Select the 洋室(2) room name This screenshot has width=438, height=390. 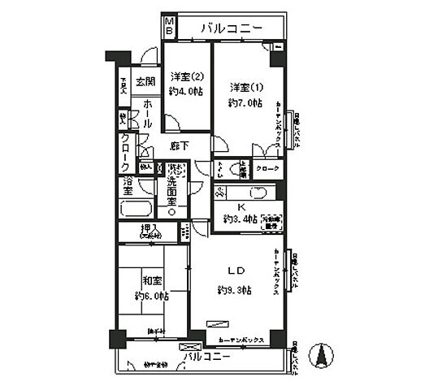point(186,78)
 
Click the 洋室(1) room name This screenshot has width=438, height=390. point(244,88)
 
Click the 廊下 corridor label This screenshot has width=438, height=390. point(180,146)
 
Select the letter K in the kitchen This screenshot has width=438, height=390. point(241,206)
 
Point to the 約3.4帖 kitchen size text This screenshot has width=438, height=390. point(240,219)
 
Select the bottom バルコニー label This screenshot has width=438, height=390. point(203,357)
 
